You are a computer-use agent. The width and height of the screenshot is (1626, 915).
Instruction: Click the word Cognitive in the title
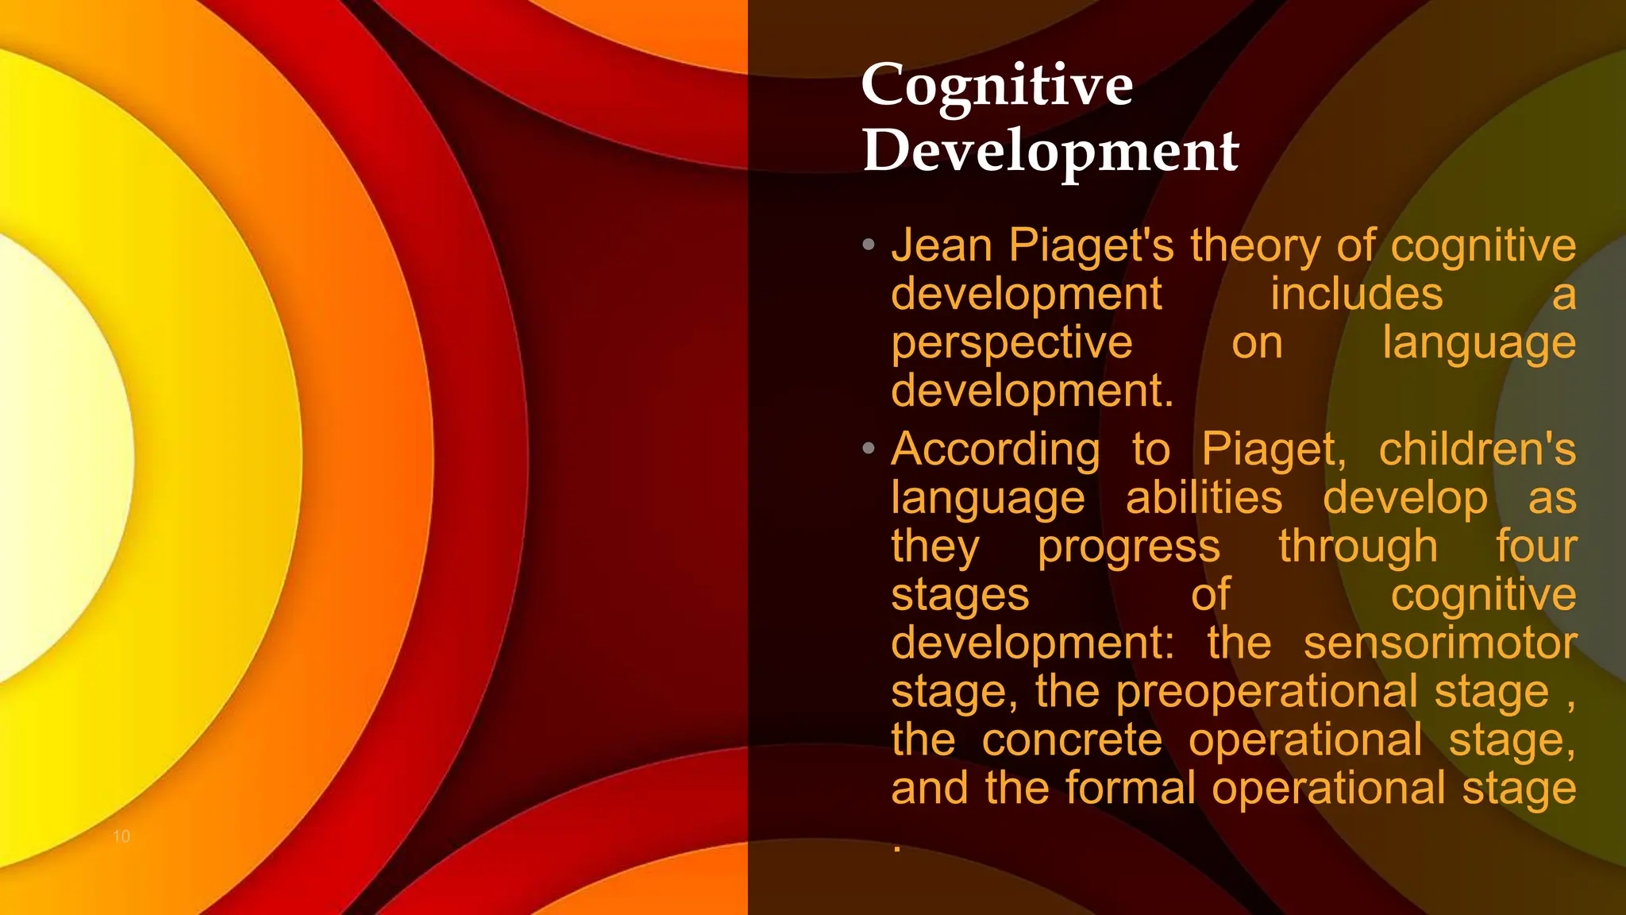(996, 86)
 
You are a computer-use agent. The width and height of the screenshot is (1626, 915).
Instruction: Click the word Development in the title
(1050, 151)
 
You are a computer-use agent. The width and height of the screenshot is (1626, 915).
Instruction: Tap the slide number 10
(121, 836)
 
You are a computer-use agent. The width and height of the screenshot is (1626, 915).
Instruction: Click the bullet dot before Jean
(869, 245)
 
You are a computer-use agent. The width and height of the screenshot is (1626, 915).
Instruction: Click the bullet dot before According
(869, 449)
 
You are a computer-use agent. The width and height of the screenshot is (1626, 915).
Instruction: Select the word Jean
(942, 245)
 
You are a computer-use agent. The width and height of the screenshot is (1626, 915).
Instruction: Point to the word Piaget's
(1091, 245)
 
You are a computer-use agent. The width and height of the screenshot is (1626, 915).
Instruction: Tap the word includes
(1356, 294)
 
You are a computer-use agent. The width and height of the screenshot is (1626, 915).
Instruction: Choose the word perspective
(1011, 343)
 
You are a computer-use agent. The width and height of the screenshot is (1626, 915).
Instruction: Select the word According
(996, 450)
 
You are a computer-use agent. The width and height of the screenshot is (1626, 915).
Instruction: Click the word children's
(1477, 450)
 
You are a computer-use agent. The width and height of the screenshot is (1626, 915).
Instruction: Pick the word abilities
(1204, 498)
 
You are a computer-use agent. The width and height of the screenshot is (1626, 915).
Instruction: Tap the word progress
(1128, 547)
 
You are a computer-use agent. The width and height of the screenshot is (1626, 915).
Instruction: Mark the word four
(1535, 546)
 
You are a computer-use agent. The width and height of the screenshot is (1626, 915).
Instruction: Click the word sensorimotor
(1439, 643)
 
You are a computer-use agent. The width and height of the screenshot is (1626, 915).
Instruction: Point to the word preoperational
(1266, 692)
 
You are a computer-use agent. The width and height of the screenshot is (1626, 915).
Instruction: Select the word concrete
(1072, 740)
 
